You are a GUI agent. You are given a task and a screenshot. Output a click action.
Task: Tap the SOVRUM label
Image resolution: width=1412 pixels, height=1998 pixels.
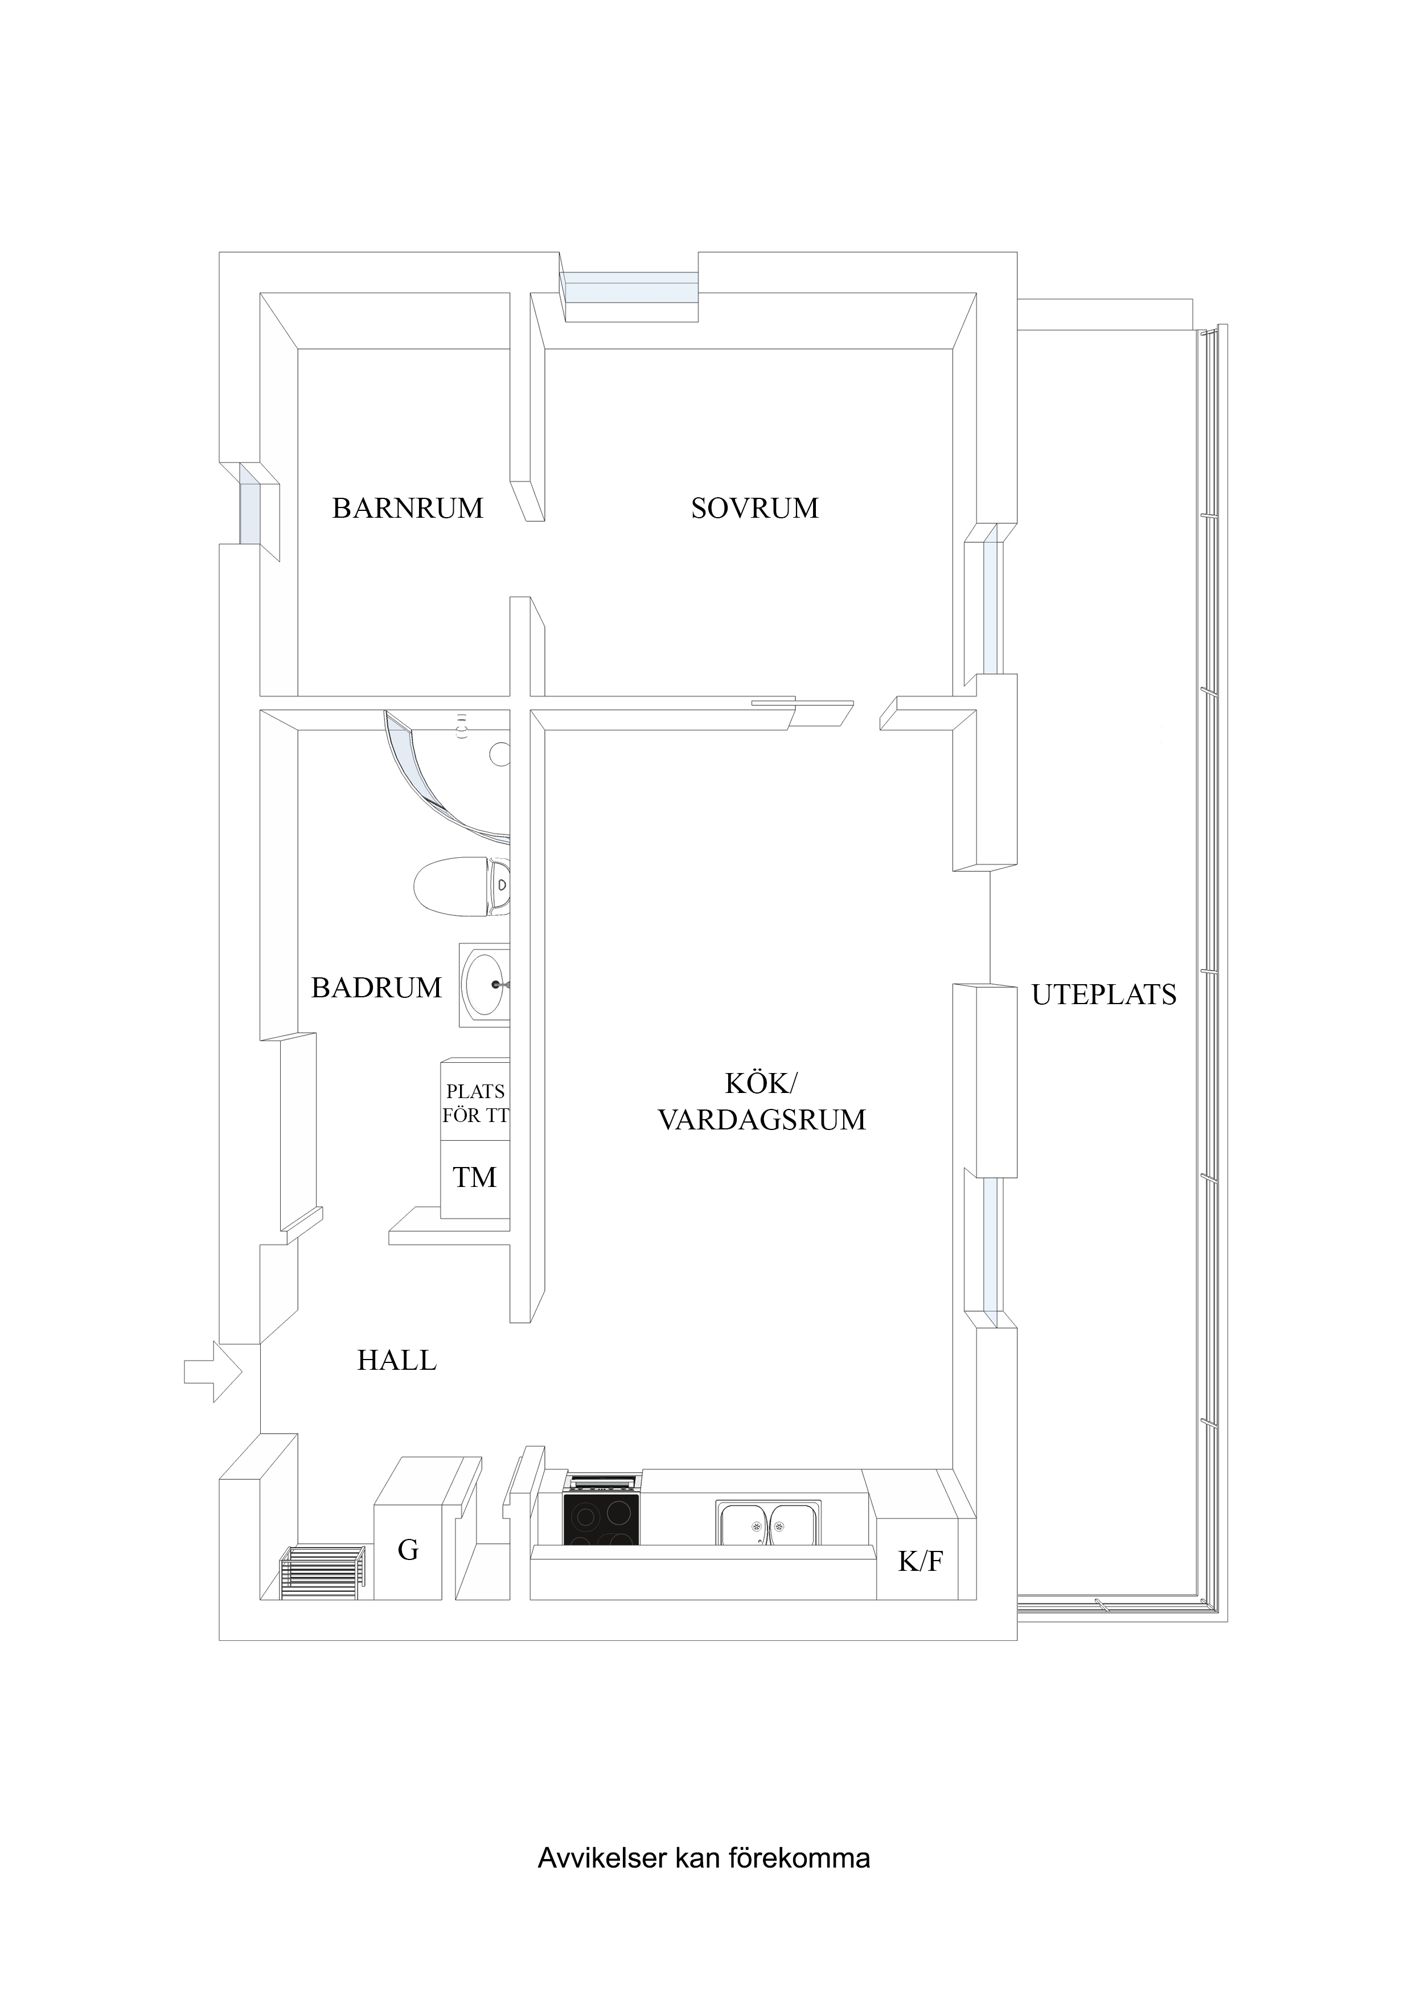[x=754, y=508]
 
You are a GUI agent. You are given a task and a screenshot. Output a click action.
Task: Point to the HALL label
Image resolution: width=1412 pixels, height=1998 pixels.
[x=397, y=1360]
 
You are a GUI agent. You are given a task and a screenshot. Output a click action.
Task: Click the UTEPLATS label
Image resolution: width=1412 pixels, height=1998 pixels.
[x=1103, y=994]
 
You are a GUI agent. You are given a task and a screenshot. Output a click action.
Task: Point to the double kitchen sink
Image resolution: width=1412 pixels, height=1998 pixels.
[x=768, y=1522]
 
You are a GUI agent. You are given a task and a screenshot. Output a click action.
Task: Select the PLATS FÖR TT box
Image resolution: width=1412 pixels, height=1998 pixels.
[x=475, y=1103]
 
